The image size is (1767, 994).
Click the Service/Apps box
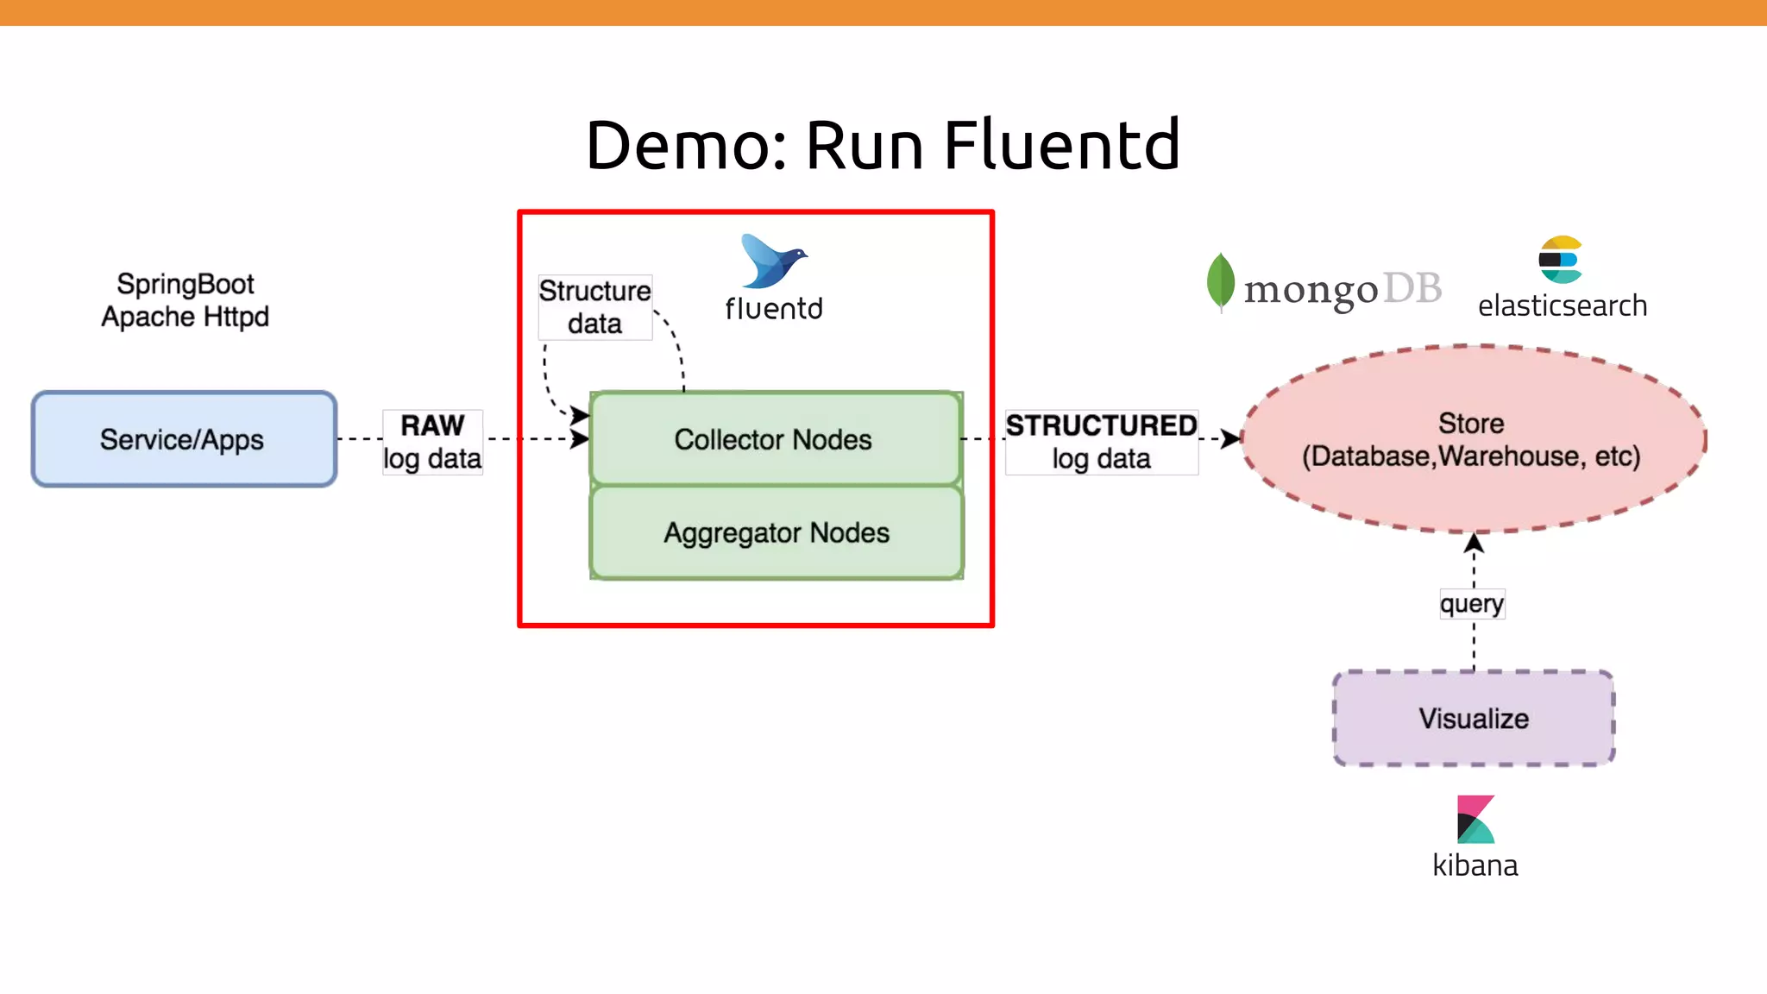coord(184,439)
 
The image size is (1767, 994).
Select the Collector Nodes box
coord(775,439)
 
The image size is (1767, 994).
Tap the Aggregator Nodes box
coord(775,533)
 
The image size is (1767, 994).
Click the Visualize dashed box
coord(1473,718)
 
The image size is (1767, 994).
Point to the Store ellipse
coord(1472,440)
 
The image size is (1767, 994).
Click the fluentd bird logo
coord(772,261)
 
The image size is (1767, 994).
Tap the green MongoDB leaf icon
coord(1220,281)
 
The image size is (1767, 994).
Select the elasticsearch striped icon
coord(1560,259)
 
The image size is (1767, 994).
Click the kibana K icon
coord(1475,819)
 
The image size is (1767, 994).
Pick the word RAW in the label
coord(432,425)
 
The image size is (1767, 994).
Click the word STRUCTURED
coord(1101,425)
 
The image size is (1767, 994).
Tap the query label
coord(1472,603)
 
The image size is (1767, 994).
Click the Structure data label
coord(594,307)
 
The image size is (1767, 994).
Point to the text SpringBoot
coord(186,284)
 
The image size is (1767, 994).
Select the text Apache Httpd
coord(185,317)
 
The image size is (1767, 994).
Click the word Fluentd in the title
coord(1061,145)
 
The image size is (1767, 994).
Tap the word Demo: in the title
coord(687,145)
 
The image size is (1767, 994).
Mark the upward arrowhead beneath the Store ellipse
coord(1474,543)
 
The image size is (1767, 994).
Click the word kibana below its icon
coord(1475,865)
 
